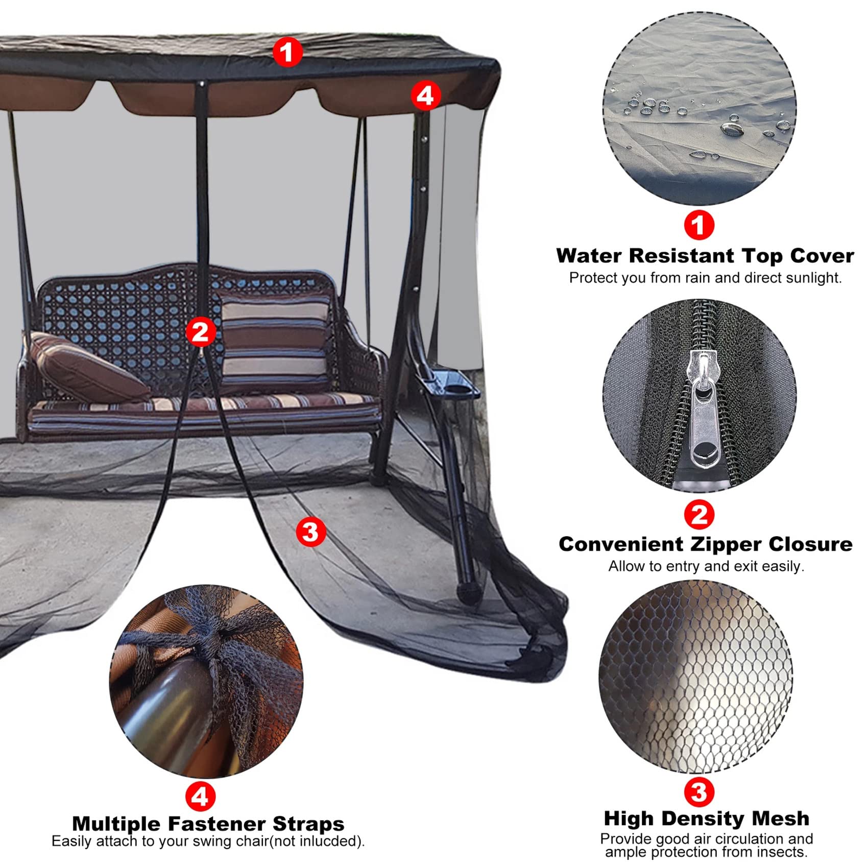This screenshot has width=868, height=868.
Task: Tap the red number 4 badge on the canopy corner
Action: point(425,95)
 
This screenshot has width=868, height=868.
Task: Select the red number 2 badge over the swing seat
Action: point(200,332)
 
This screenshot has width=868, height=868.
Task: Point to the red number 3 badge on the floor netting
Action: point(310,532)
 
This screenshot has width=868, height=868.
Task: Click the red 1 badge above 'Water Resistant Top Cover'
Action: point(698,225)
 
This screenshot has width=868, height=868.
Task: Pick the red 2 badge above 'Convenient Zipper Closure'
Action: point(698,515)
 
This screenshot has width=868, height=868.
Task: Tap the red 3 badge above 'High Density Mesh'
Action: point(698,792)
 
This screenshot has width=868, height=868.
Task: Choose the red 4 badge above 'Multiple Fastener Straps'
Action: point(200,796)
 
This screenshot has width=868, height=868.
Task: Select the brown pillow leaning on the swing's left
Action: point(87,367)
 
